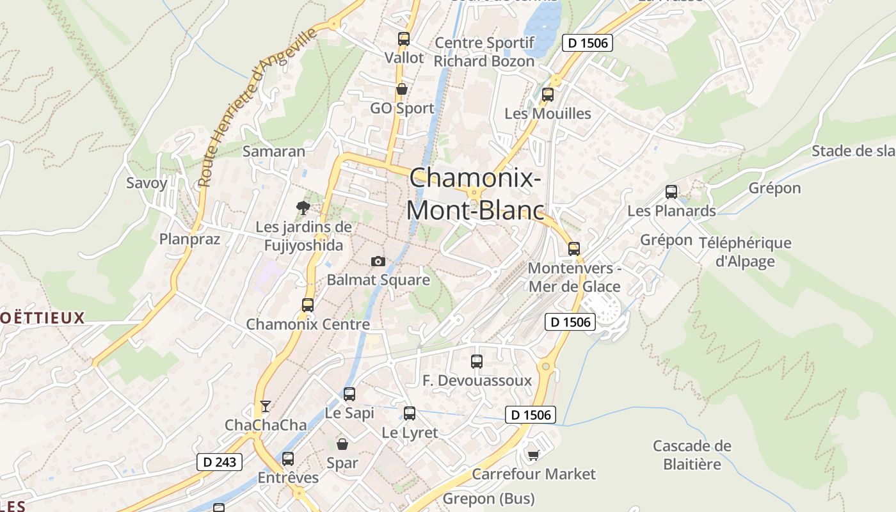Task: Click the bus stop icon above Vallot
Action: pyautogui.click(x=403, y=38)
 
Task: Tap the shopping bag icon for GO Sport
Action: pyautogui.click(x=402, y=89)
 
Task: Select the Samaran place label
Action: pyautogui.click(x=273, y=152)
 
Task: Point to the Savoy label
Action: pyautogui.click(x=147, y=183)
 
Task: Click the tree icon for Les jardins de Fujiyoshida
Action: pyautogui.click(x=303, y=207)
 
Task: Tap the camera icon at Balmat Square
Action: pyautogui.click(x=378, y=261)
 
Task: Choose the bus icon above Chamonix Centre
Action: pyautogui.click(x=308, y=305)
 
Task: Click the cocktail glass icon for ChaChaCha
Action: pyautogui.click(x=266, y=406)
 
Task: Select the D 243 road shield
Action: pyautogui.click(x=220, y=462)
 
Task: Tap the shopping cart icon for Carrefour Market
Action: pyautogui.click(x=533, y=455)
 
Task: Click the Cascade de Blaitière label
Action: pyautogui.click(x=692, y=454)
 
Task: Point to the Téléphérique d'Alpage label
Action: pyautogui.click(x=745, y=252)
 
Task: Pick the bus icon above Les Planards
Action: pyautogui.click(x=671, y=191)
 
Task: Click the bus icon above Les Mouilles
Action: pyautogui.click(x=548, y=95)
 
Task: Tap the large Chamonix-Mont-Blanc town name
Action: pyautogui.click(x=476, y=193)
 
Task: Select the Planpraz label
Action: pyautogui.click(x=189, y=239)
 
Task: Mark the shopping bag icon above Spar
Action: pyautogui.click(x=342, y=444)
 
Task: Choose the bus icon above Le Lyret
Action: pyautogui.click(x=410, y=413)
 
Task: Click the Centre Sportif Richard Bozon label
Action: pyautogui.click(x=484, y=52)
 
